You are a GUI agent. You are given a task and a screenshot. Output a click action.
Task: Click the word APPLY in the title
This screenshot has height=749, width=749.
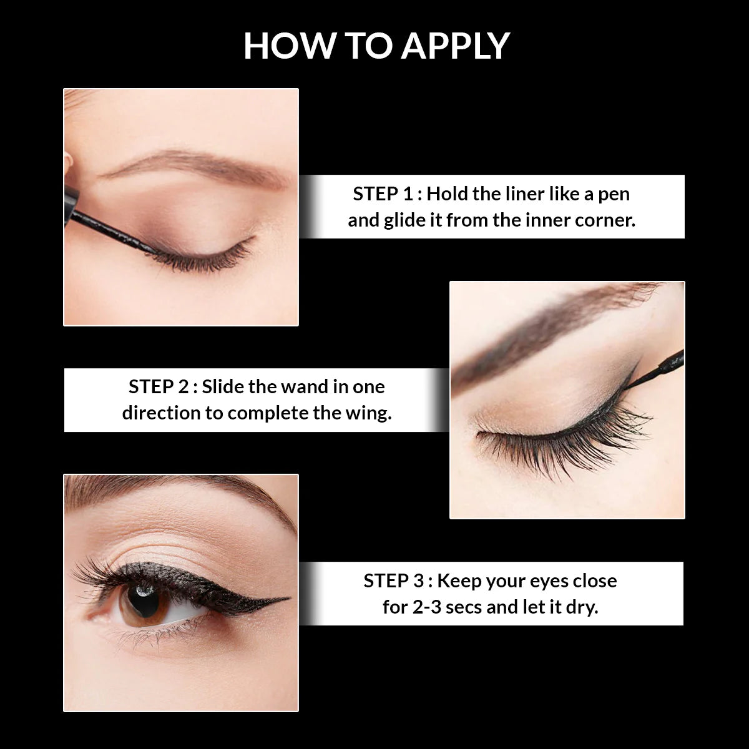click(x=455, y=46)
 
